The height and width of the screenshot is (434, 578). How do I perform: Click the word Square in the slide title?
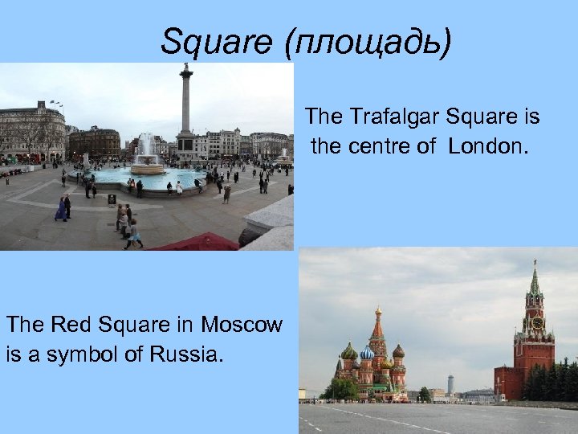click(216, 42)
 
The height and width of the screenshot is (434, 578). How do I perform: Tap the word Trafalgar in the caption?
click(390, 117)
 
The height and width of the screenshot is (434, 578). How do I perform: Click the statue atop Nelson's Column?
click(186, 68)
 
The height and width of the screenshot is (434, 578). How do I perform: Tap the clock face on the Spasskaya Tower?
click(536, 322)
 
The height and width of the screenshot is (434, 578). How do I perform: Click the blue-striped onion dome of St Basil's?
click(367, 352)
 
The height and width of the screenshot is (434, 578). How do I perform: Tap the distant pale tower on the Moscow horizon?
click(450, 383)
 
